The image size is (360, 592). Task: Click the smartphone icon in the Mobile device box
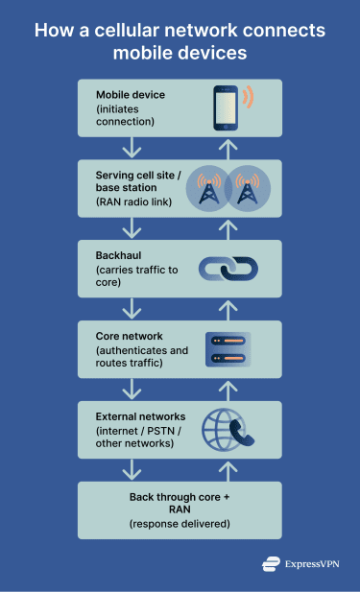coord(227,107)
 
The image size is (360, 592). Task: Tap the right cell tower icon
coord(247,187)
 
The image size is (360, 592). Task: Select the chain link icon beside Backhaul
coord(228,268)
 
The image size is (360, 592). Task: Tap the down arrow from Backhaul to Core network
coord(131,308)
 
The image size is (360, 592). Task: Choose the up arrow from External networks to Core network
coord(228,389)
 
